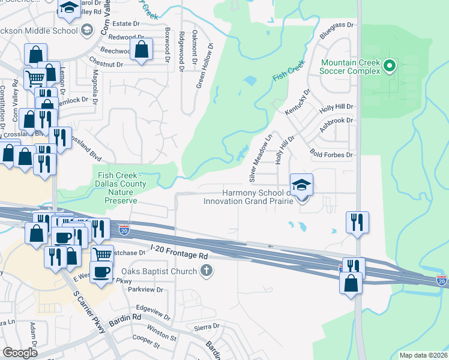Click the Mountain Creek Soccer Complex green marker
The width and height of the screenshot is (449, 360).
[389, 65]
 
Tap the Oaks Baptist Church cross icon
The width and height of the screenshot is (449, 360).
[206, 271]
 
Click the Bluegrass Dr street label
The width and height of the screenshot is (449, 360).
[337, 25]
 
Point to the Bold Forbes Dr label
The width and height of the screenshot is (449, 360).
[331, 154]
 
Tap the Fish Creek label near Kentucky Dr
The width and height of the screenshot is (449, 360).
[289, 74]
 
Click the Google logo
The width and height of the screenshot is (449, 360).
[20, 353]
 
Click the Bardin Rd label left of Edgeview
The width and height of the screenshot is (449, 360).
[128, 316]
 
